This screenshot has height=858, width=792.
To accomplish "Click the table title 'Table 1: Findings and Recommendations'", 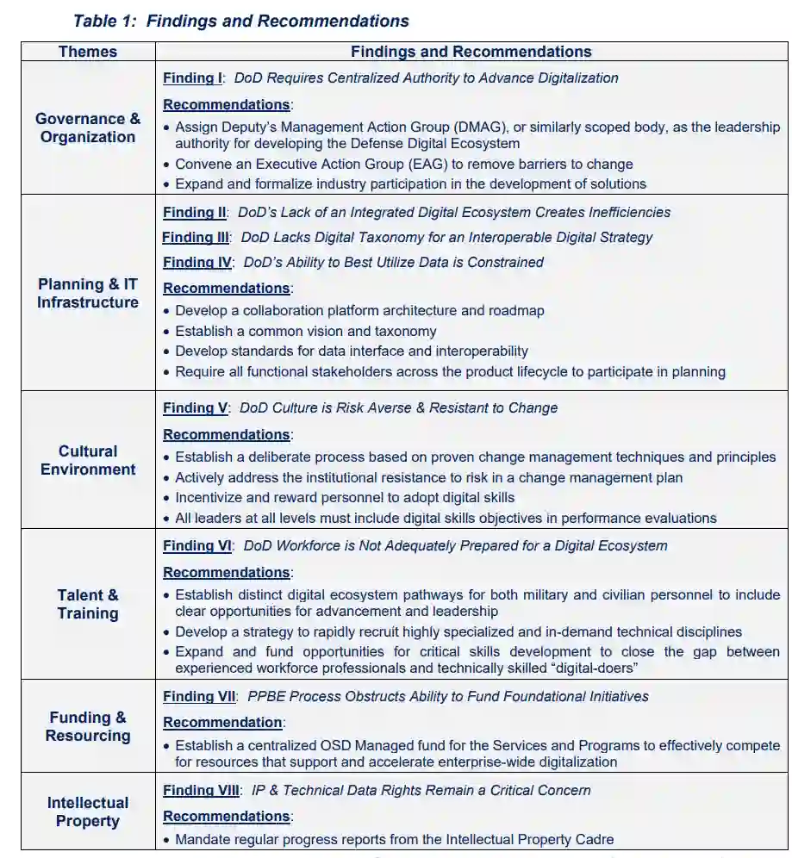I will [x=241, y=21].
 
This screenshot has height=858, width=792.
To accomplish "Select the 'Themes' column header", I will [x=88, y=52].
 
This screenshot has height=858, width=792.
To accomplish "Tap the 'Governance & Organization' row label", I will [x=88, y=127].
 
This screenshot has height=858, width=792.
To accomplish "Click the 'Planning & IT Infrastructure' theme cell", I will [x=88, y=293].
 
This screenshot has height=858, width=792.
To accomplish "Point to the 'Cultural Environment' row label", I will [x=88, y=460].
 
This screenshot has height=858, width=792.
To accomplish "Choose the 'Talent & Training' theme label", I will [x=88, y=604].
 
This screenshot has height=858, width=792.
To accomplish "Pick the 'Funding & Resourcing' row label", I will [x=88, y=726].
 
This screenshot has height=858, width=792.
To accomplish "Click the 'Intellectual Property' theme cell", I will [x=88, y=811].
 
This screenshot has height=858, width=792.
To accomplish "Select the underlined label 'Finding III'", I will [x=196, y=237].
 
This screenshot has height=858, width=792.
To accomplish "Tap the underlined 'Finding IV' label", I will [x=197, y=262].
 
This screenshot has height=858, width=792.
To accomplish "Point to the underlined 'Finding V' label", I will [x=196, y=407].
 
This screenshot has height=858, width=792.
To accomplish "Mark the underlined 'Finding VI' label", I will [x=197, y=545].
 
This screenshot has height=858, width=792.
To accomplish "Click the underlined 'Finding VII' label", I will [x=199, y=696].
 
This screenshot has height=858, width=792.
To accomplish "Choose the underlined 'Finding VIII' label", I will [x=202, y=790].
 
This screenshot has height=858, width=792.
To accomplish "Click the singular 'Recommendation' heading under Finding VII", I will [x=223, y=722].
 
